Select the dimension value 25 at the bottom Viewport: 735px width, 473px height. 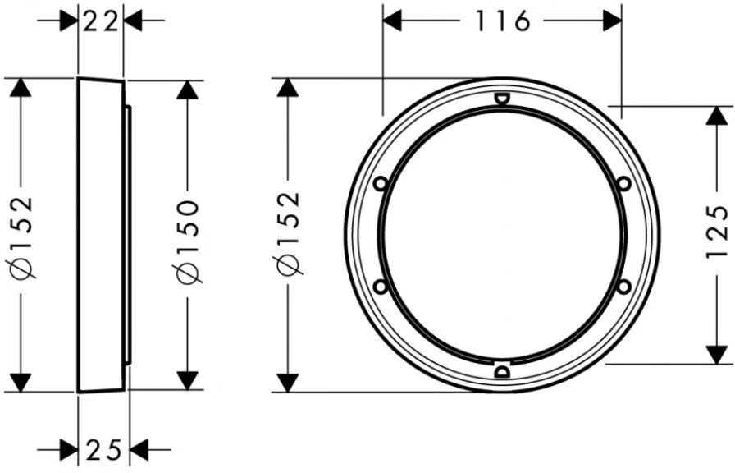coord(103,449)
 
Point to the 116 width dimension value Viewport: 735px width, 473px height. coord(502,20)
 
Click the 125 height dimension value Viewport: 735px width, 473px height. coord(717,233)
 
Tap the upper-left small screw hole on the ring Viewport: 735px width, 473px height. coord(380,184)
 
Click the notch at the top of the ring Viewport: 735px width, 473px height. coord(501,99)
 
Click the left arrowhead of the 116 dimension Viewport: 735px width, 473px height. coord(393,20)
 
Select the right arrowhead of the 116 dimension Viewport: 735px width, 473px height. coord(611,20)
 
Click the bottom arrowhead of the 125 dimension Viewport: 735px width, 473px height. coord(717,354)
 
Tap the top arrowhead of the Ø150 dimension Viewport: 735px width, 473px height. coord(188,90)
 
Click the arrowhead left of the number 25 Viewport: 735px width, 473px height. coord(69,449)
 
